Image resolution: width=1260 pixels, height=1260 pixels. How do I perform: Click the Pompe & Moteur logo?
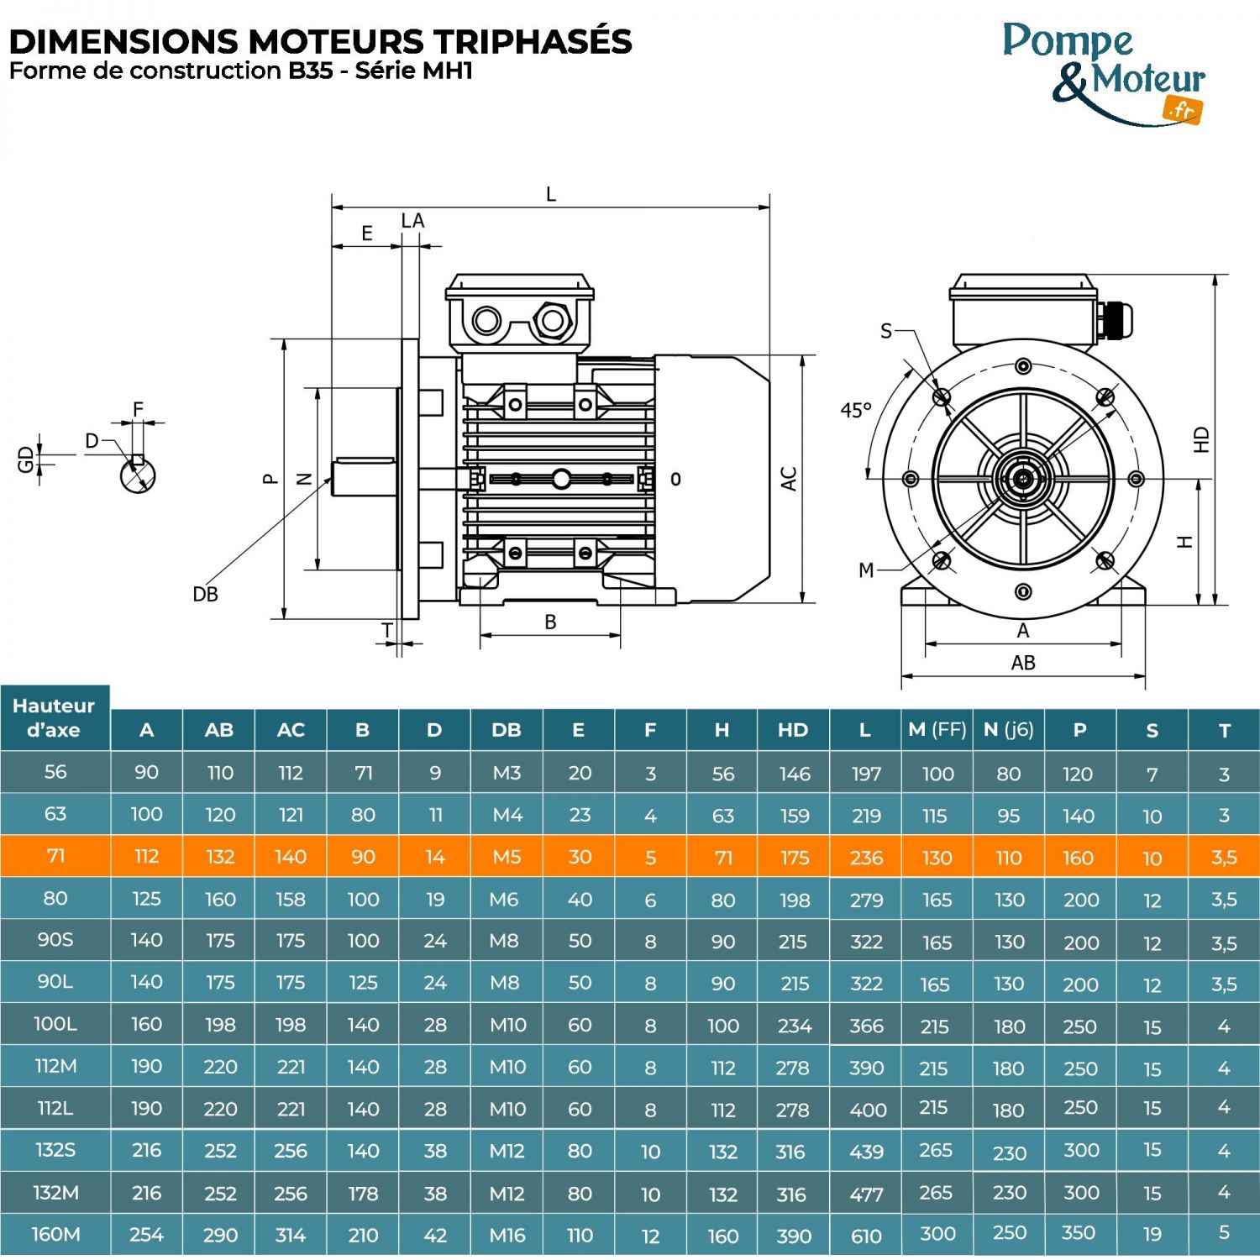[x=1104, y=74]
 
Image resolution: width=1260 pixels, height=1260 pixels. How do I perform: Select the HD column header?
[x=792, y=730]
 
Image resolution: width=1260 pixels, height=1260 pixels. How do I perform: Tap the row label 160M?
[x=55, y=1234]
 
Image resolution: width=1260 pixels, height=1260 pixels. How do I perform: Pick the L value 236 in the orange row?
[x=866, y=858]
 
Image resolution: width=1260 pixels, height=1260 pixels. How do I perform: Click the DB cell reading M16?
[x=507, y=1235]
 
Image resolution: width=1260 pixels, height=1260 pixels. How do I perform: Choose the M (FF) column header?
[x=937, y=730]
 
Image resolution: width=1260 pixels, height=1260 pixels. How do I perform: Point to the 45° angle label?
[x=856, y=410]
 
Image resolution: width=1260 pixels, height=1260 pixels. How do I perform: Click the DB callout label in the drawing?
[x=205, y=595]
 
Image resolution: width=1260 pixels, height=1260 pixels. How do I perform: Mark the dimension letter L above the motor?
[x=551, y=194]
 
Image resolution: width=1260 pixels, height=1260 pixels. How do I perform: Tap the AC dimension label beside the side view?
[x=788, y=479]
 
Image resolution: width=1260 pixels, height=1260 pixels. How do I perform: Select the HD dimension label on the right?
[x=1202, y=440]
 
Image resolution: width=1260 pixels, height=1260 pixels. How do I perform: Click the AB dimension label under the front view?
[x=1022, y=663]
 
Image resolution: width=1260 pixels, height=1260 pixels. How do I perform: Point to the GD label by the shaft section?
[x=25, y=459]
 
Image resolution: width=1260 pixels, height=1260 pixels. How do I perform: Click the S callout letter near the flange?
[x=885, y=331]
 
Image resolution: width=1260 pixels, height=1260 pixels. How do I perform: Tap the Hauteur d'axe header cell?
[x=54, y=717]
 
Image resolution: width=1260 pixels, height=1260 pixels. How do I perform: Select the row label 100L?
[x=55, y=1024]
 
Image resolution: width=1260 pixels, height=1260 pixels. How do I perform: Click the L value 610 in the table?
[x=866, y=1236]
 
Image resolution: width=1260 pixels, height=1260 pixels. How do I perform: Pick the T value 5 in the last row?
[x=1224, y=1232]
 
